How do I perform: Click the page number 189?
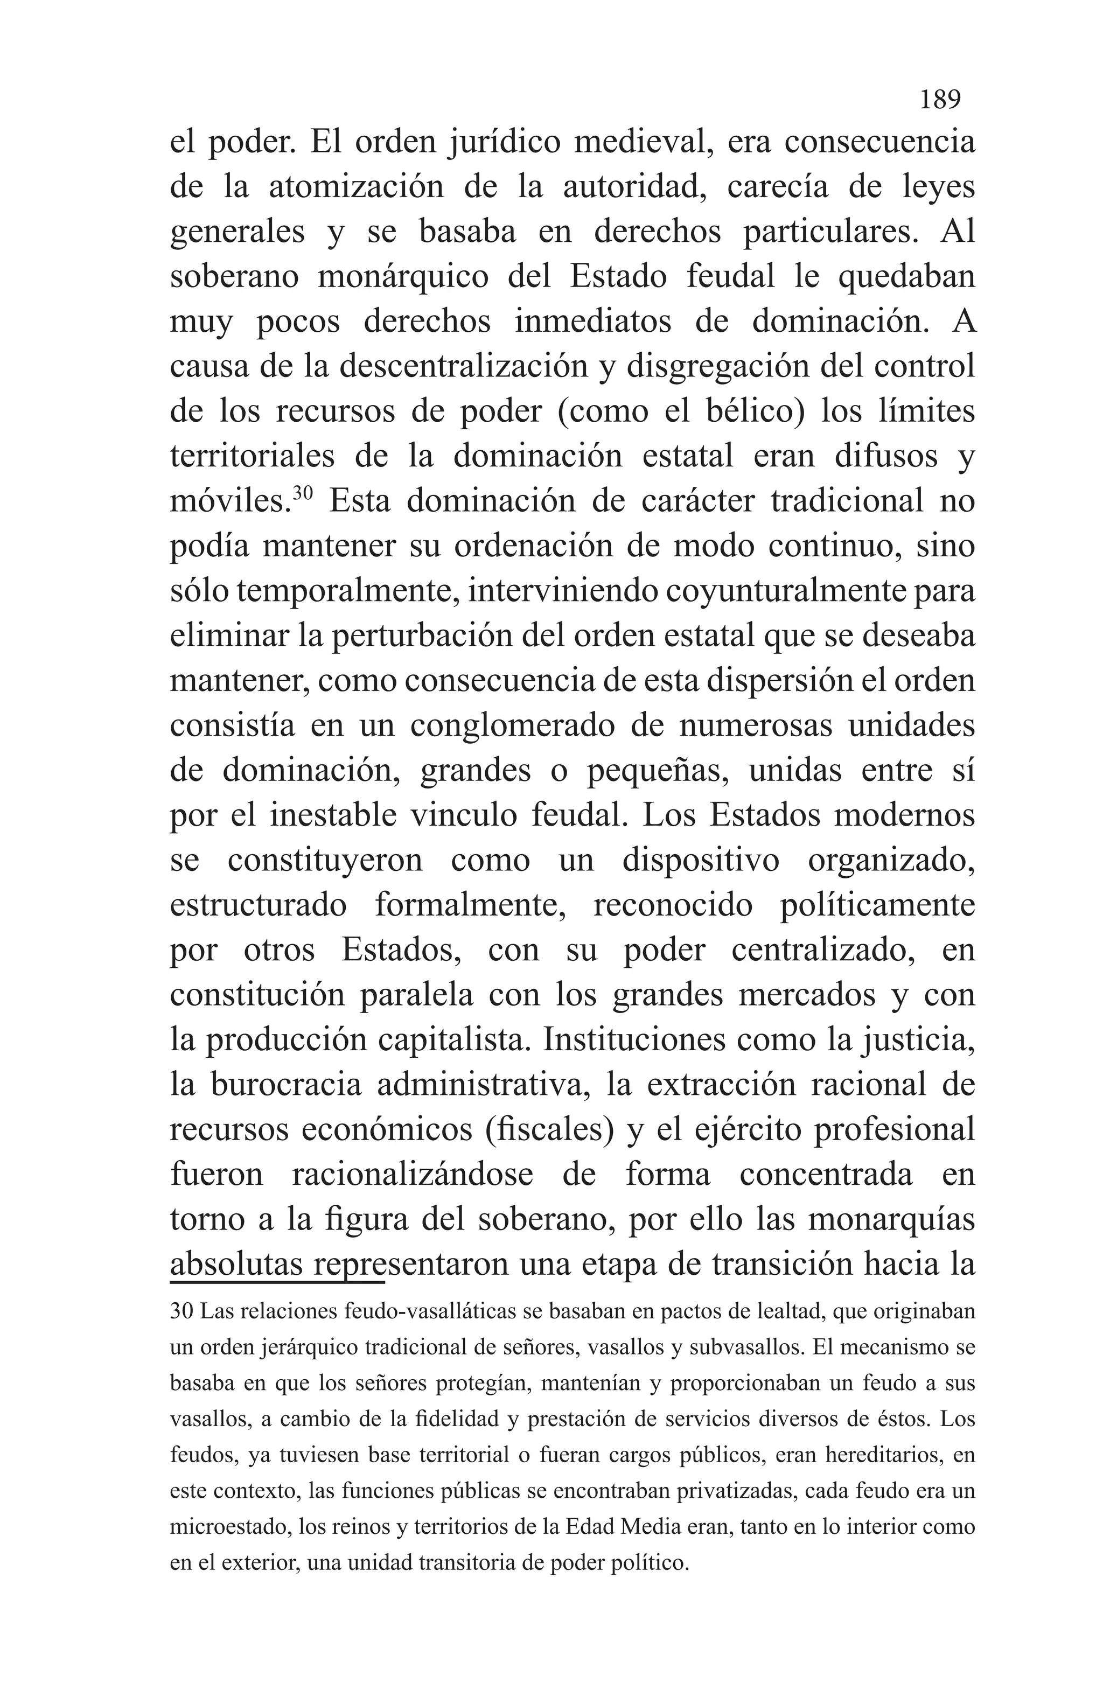pyautogui.click(x=939, y=99)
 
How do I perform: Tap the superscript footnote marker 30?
pyautogui.click(x=303, y=492)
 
